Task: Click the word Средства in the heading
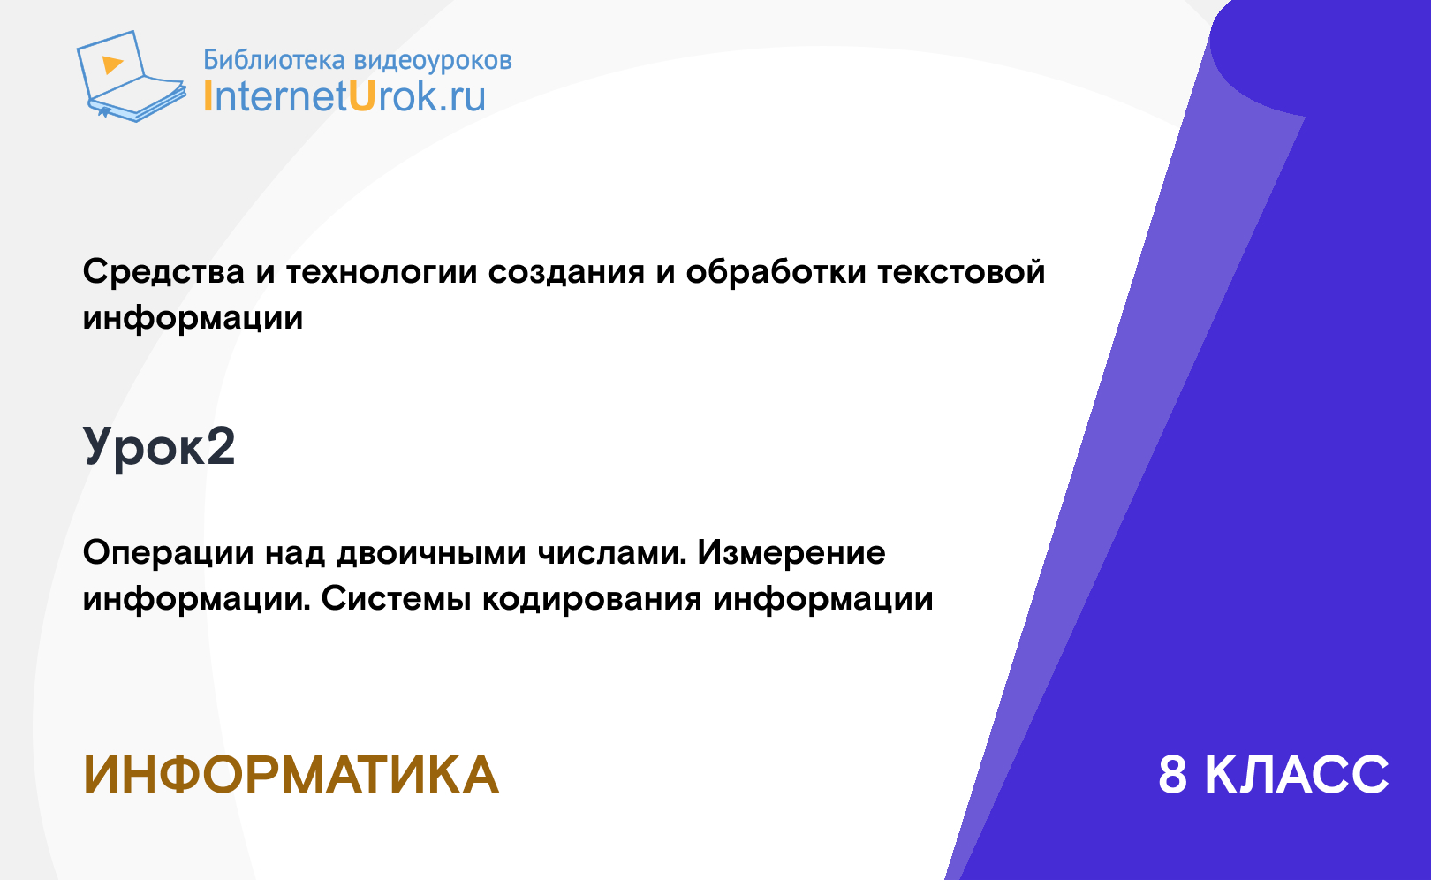pyautogui.click(x=163, y=272)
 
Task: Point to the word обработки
pyautogui.click(x=776, y=272)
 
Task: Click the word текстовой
pyautogui.click(x=961, y=272)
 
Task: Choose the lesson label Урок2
pyautogui.click(x=159, y=447)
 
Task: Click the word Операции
pyautogui.click(x=169, y=553)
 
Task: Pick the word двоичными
pyautogui.click(x=432, y=553)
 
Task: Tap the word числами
pyautogui.click(x=612, y=553)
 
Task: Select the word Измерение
pyautogui.click(x=791, y=553)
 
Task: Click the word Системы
pyautogui.click(x=396, y=599)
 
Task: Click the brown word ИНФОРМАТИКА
pyautogui.click(x=291, y=775)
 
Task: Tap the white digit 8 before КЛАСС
pyautogui.click(x=1173, y=775)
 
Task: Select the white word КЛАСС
pyautogui.click(x=1297, y=775)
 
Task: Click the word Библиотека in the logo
pyautogui.click(x=275, y=60)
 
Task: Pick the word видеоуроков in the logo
pyautogui.click(x=433, y=61)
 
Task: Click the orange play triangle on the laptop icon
pyautogui.click(x=112, y=64)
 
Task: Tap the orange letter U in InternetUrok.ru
pyautogui.click(x=361, y=95)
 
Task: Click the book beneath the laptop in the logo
pyautogui.click(x=136, y=101)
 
